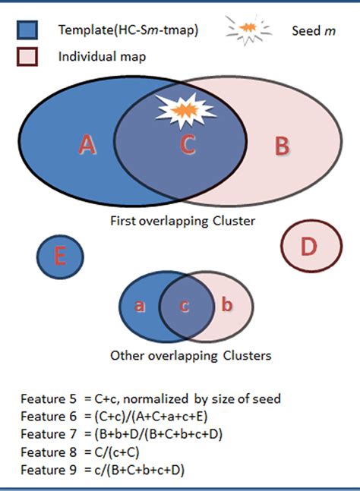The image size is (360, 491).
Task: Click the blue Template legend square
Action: (27, 30)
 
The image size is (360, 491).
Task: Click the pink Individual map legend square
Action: (27, 57)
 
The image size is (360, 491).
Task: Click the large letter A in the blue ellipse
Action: (87, 144)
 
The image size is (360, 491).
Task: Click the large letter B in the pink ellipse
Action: (282, 146)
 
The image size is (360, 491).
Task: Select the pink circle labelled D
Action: (308, 247)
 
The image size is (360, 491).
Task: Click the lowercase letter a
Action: (140, 306)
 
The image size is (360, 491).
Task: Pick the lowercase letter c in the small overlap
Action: (184, 306)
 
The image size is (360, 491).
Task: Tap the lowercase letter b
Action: (227, 306)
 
